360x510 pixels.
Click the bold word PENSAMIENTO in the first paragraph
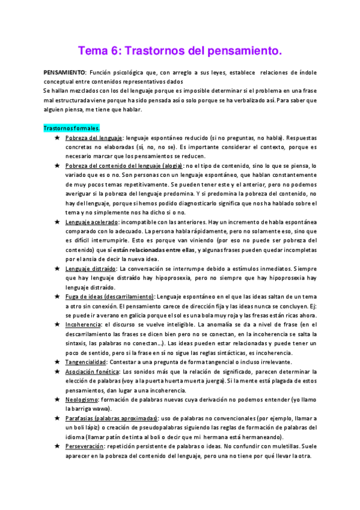point(66,72)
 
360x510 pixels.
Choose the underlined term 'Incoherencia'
point(84,324)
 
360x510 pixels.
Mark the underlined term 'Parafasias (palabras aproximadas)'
point(111,418)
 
